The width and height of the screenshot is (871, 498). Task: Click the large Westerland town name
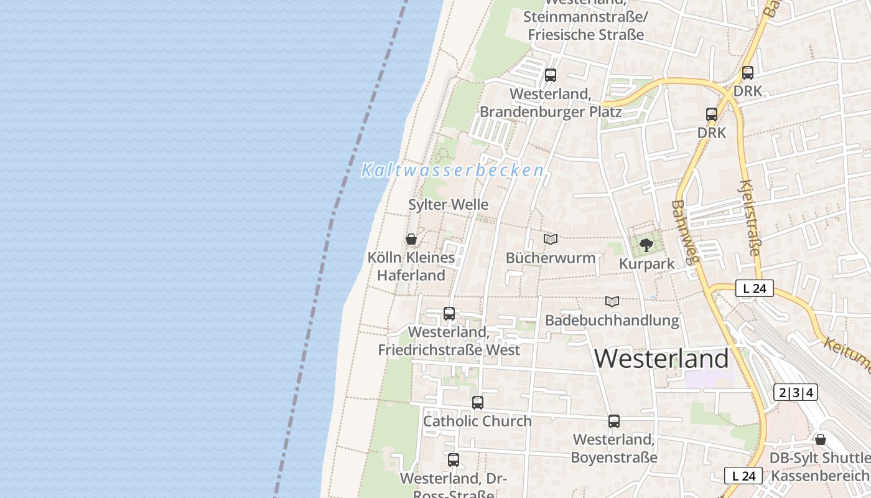point(661,359)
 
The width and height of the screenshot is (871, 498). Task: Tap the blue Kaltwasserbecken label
point(452,170)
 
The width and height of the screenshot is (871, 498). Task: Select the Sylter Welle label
point(448,205)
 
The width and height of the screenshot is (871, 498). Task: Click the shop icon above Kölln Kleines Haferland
point(411,239)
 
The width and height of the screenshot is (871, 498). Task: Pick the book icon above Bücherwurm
point(551,239)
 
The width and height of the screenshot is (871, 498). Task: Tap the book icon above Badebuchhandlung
point(612,301)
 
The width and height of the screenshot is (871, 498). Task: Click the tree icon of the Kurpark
point(646,245)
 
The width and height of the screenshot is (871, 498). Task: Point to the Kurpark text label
point(646,264)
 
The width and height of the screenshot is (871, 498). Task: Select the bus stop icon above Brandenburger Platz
point(550,75)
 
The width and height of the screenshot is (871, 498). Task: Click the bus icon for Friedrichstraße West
point(449,314)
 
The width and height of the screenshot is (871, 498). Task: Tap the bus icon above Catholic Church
point(477,403)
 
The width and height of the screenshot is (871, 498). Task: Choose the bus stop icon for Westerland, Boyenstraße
point(614,421)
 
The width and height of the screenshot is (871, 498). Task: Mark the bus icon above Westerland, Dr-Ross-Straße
point(454,460)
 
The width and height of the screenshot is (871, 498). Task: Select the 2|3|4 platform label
point(796,393)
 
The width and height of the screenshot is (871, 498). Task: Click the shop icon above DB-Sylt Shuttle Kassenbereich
point(821,439)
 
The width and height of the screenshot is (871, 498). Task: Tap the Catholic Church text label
point(477,421)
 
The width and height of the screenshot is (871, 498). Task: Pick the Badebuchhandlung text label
point(612,321)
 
